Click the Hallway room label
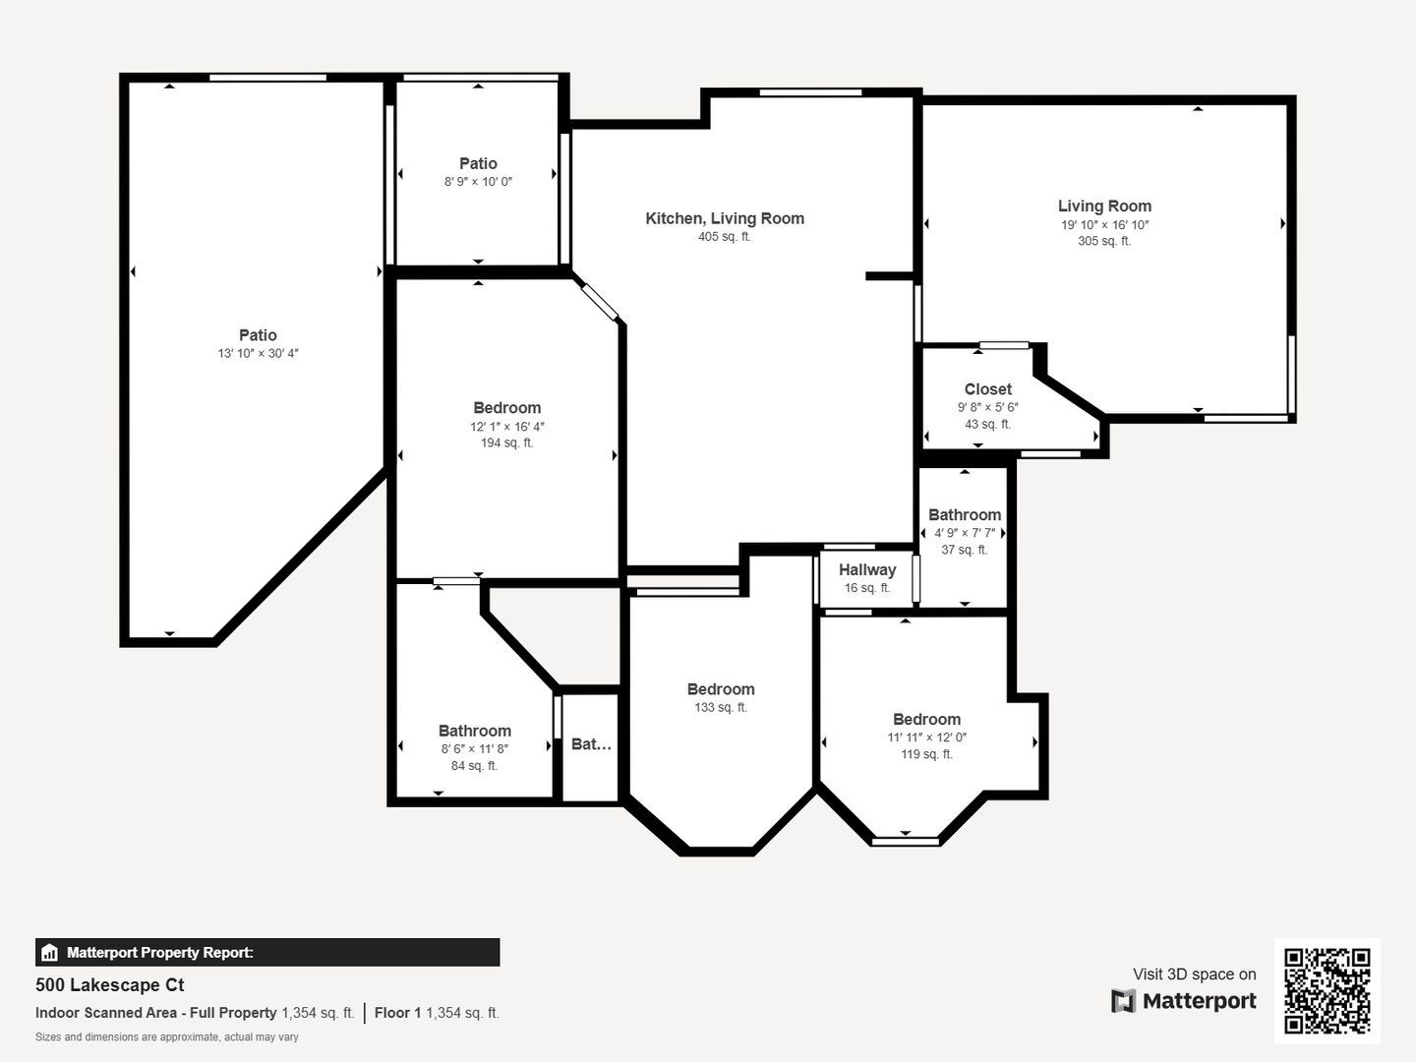[867, 570]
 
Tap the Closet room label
[987, 389]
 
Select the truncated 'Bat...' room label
[591, 744]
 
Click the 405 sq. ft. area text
[725, 237]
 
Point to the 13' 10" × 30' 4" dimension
[258, 353]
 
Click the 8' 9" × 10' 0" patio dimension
[478, 182]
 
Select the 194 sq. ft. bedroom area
[507, 442]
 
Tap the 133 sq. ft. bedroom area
[721, 707]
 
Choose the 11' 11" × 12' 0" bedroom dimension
[926, 737]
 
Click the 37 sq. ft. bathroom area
[965, 550]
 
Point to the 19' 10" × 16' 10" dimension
[1104, 225]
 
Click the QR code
[1327, 990]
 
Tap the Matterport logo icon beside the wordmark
[1123, 1001]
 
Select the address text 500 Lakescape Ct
[110, 985]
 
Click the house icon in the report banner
[50, 953]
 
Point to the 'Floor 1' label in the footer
[398, 1013]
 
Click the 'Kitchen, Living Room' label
[725, 218]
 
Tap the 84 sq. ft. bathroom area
[474, 766]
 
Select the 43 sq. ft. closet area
[987, 424]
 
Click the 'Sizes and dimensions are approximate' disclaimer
[166, 1037]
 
